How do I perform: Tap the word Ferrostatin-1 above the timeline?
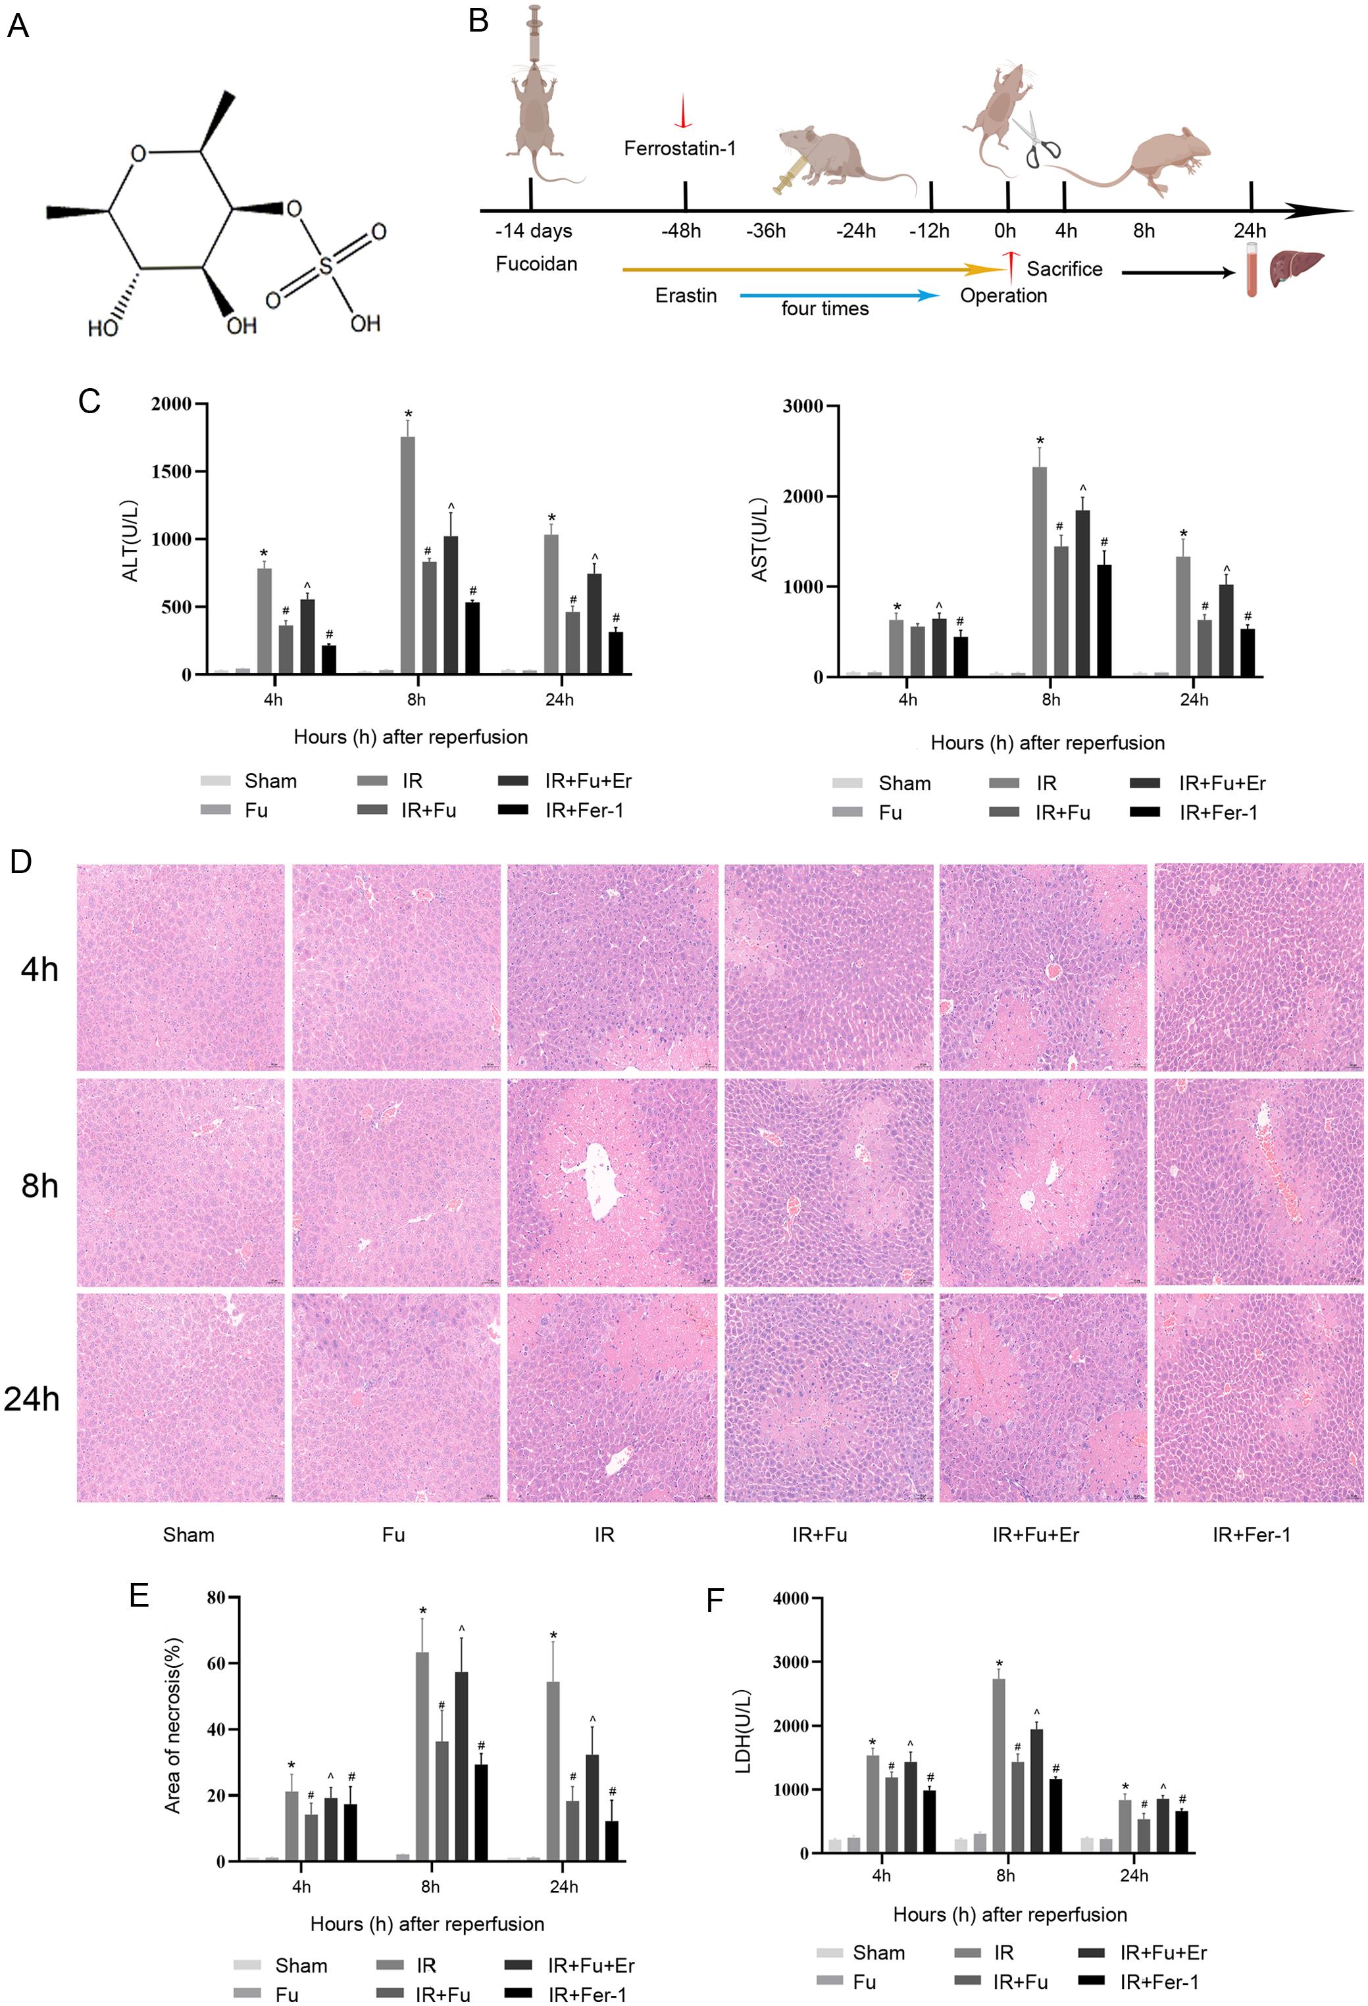pyautogui.click(x=680, y=149)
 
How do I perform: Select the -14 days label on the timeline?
pyautogui.click(x=534, y=232)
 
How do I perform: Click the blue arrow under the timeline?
pyautogui.click(x=839, y=295)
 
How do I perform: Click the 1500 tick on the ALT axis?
pyautogui.click(x=172, y=471)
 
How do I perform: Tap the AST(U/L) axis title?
pyautogui.click(x=759, y=539)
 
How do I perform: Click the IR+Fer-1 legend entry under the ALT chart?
pyautogui.click(x=561, y=810)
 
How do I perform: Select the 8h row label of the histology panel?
pyautogui.click(x=39, y=1186)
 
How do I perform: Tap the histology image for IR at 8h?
pyautogui.click(x=612, y=1182)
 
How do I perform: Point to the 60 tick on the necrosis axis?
pyautogui.click(x=216, y=1663)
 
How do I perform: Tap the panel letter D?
pyautogui.click(x=20, y=861)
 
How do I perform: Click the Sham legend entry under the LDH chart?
pyautogui.click(x=861, y=1953)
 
